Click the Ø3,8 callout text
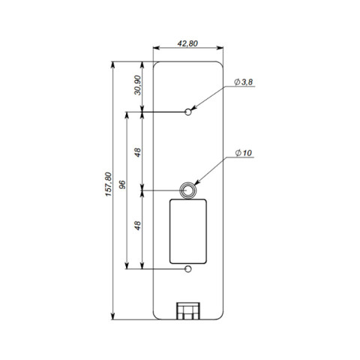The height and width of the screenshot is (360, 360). [244, 82]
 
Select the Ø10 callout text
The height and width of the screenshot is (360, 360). [244, 152]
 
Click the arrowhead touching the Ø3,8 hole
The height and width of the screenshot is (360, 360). [194, 108]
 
